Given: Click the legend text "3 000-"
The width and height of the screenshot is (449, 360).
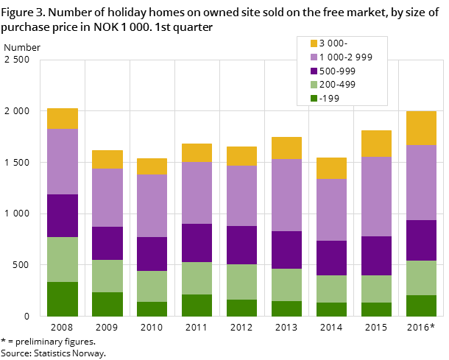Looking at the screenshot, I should [333, 43].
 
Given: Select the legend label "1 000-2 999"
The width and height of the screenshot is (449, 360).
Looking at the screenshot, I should [345, 57].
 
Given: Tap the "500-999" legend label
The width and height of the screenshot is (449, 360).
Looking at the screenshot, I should [337, 71].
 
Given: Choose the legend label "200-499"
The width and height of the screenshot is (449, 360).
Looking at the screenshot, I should [337, 85].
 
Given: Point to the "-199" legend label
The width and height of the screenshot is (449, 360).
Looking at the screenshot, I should [329, 99].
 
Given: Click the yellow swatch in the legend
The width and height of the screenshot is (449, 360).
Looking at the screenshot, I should [314, 43].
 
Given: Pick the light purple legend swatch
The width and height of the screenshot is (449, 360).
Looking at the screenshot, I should [314, 57].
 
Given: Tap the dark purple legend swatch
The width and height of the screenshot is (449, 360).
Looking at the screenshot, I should [314, 71].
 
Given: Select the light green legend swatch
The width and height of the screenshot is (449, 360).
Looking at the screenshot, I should [314, 85].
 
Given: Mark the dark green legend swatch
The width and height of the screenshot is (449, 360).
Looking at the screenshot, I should [314, 99].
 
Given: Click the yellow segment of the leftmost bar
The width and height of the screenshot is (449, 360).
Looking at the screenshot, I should [63, 119].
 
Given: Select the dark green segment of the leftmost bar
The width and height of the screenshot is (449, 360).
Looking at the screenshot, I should [63, 299].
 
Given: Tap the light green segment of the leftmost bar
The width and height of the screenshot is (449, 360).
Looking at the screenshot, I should [63, 259].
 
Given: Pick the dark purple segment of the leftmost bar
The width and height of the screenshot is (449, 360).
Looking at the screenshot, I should [63, 216].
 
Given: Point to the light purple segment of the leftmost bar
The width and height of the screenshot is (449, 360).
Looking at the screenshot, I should [63, 161].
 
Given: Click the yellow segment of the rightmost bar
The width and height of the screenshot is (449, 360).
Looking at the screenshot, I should [421, 128].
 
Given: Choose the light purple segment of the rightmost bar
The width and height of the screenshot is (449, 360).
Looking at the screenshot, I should [421, 183].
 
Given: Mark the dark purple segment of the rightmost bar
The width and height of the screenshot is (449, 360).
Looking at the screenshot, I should [421, 240].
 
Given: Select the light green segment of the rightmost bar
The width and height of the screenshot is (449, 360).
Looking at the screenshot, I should [421, 278].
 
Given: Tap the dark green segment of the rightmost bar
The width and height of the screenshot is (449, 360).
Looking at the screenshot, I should [421, 306].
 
